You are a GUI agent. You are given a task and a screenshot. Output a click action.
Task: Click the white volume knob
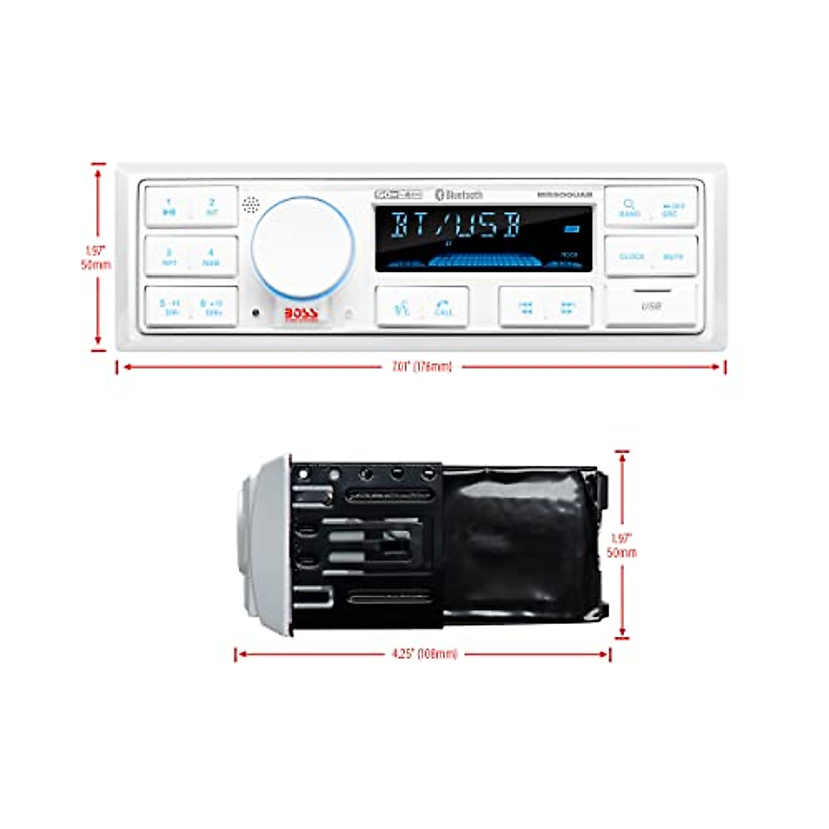[302, 247]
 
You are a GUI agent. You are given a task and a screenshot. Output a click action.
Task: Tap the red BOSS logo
[301, 314]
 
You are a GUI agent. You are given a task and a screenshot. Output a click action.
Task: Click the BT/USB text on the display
[456, 226]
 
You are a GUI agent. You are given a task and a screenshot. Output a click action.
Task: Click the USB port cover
[651, 305]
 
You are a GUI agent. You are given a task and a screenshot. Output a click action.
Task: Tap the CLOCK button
[631, 256]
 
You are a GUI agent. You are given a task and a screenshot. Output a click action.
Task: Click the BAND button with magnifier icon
[629, 207]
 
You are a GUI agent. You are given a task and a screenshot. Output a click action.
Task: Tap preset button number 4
[211, 257]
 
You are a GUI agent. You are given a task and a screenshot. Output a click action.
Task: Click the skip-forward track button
[568, 307]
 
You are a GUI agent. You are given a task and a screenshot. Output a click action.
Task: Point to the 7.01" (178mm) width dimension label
[421, 367]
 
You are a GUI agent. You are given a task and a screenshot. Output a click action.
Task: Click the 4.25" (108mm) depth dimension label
[424, 654]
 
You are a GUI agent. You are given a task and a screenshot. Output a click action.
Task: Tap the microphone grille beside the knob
[250, 204]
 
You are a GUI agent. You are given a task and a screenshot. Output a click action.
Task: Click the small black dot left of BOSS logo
[256, 313]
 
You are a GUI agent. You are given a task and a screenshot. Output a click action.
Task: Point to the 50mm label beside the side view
[622, 553]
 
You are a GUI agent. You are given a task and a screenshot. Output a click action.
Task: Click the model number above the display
[564, 195]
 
